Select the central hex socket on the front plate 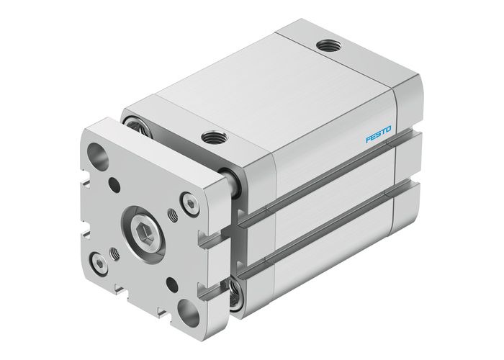coord(144,231)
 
